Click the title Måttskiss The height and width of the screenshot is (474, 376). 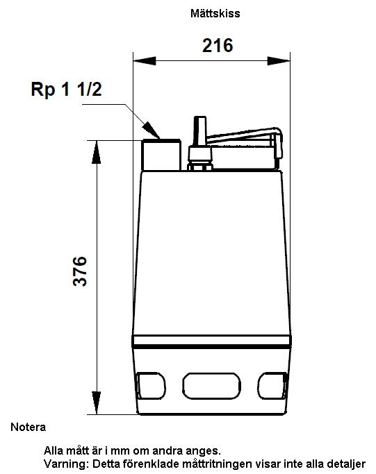pos(215,13)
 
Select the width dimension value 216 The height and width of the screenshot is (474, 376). pos(218,45)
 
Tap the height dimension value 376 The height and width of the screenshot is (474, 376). pos(80,271)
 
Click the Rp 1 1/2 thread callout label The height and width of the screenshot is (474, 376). pos(66,89)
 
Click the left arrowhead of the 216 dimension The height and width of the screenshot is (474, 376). pos(145,61)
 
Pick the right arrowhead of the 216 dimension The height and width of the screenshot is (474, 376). pos(279,61)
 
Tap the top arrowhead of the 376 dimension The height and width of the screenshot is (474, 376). pos(97,152)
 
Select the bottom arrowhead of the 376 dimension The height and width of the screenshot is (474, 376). pos(97,403)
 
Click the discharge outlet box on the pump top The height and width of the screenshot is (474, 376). pos(161,155)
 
